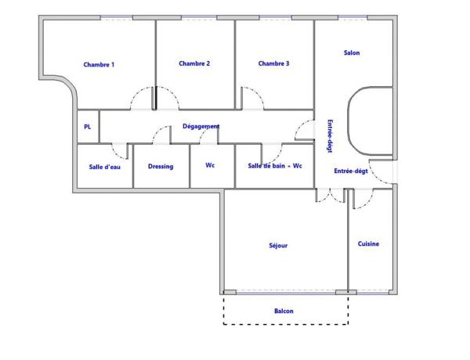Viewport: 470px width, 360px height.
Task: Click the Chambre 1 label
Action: point(99,64)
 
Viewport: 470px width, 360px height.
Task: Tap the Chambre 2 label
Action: point(194,63)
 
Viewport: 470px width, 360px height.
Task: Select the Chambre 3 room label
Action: point(273,63)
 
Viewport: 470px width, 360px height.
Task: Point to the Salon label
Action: point(352,53)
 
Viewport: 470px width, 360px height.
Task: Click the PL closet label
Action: point(87,127)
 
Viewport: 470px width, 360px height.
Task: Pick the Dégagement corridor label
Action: point(201,126)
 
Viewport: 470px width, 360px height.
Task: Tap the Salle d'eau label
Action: point(104,166)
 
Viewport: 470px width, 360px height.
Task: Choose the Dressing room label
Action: point(161,166)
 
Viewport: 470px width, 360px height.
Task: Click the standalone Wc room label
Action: point(210,165)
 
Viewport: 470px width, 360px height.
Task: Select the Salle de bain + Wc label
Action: point(275,165)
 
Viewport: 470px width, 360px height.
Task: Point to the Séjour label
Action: point(278,245)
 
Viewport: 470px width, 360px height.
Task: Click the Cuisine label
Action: point(369,243)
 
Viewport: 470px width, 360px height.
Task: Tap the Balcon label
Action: point(284,311)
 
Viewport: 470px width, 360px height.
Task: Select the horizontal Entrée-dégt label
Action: point(351,171)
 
